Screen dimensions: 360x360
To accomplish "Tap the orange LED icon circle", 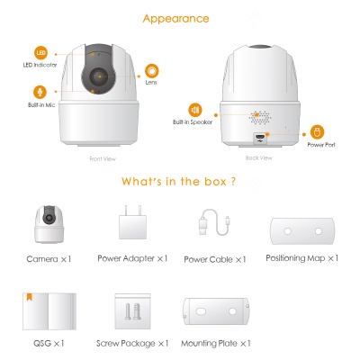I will click(x=40, y=53).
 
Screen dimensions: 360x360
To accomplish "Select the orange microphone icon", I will click(x=40, y=93).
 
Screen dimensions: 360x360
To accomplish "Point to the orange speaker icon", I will click(x=194, y=109).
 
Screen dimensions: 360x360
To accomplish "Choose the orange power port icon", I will click(x=316, y=131).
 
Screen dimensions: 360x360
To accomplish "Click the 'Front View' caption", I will click(x=103, y=159).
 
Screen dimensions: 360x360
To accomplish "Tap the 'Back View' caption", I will click(x=258, y=157).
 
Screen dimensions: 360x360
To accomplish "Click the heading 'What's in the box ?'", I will click(x=180, y=182).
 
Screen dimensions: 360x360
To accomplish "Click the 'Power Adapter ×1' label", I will click(x=132, y=258).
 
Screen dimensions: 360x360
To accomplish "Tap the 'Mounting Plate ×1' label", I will click(x=216, y=343).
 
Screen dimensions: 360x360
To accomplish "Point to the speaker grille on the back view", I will click(x=259, y=117).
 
